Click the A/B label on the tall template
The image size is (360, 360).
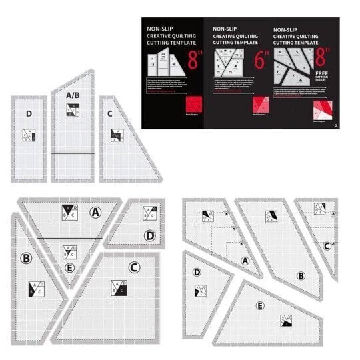(x=73, y=95)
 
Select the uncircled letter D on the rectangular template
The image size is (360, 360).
(x=29, y=114)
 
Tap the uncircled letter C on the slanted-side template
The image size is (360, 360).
(x=109, y=113)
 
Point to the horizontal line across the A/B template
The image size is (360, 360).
(x=73, y=153)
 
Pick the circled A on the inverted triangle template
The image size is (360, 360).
(x=95, y=212)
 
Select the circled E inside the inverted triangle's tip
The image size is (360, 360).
(x=69, y=269)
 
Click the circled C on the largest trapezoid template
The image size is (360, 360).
(x=134, y=268)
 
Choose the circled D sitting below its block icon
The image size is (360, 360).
(x=150, y=235)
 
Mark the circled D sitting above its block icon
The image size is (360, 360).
(x=197, y=272)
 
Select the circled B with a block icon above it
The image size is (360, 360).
(x=301, y=275)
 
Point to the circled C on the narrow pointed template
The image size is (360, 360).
(x=326, y=245)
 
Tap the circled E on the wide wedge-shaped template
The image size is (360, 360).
(x=259, y=306)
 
